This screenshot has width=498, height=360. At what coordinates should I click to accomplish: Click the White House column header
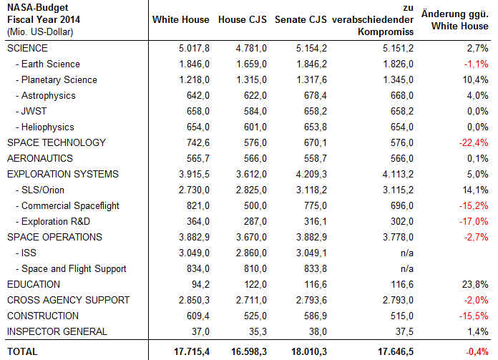tap(181, 20)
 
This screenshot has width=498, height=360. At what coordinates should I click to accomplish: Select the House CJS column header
tap(243, 20)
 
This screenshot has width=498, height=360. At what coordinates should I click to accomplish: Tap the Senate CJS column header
tap(301, 20)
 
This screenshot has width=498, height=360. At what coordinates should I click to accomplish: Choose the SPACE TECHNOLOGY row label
tap(57, 142)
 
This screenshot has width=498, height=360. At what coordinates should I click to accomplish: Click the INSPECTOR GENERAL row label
tap(57, 331)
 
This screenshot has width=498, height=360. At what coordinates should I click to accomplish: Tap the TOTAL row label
tap(23, 351)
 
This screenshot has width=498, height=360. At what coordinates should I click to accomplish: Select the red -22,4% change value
tap(474, 142)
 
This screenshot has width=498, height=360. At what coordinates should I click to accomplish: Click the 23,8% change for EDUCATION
tap(475, 284)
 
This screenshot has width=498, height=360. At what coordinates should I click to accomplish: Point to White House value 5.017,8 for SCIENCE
tap(194, 48)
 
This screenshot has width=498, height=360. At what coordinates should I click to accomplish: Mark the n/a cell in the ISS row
tap(407, 253)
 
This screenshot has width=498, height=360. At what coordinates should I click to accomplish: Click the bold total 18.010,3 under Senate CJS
tap(309, 351)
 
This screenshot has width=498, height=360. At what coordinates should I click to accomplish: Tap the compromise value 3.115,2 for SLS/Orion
tap(399, 190)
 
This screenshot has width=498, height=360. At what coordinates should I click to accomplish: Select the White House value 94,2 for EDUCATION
tap(200, 284)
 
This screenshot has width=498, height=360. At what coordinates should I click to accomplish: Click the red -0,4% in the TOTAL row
tap(477, 351)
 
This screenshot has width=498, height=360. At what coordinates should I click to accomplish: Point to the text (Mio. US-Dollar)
tap(40, 32)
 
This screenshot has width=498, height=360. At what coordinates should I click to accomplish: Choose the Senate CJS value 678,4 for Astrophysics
tap(315, 96)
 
